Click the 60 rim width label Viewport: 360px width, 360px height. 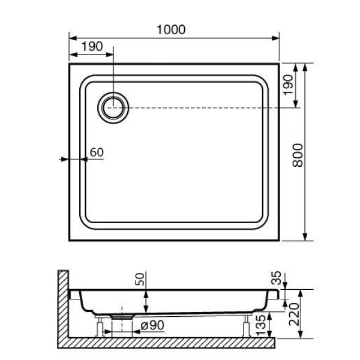pos(96,152)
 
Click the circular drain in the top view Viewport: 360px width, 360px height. pos(113,108)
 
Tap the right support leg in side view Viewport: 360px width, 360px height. pos(247,327)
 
